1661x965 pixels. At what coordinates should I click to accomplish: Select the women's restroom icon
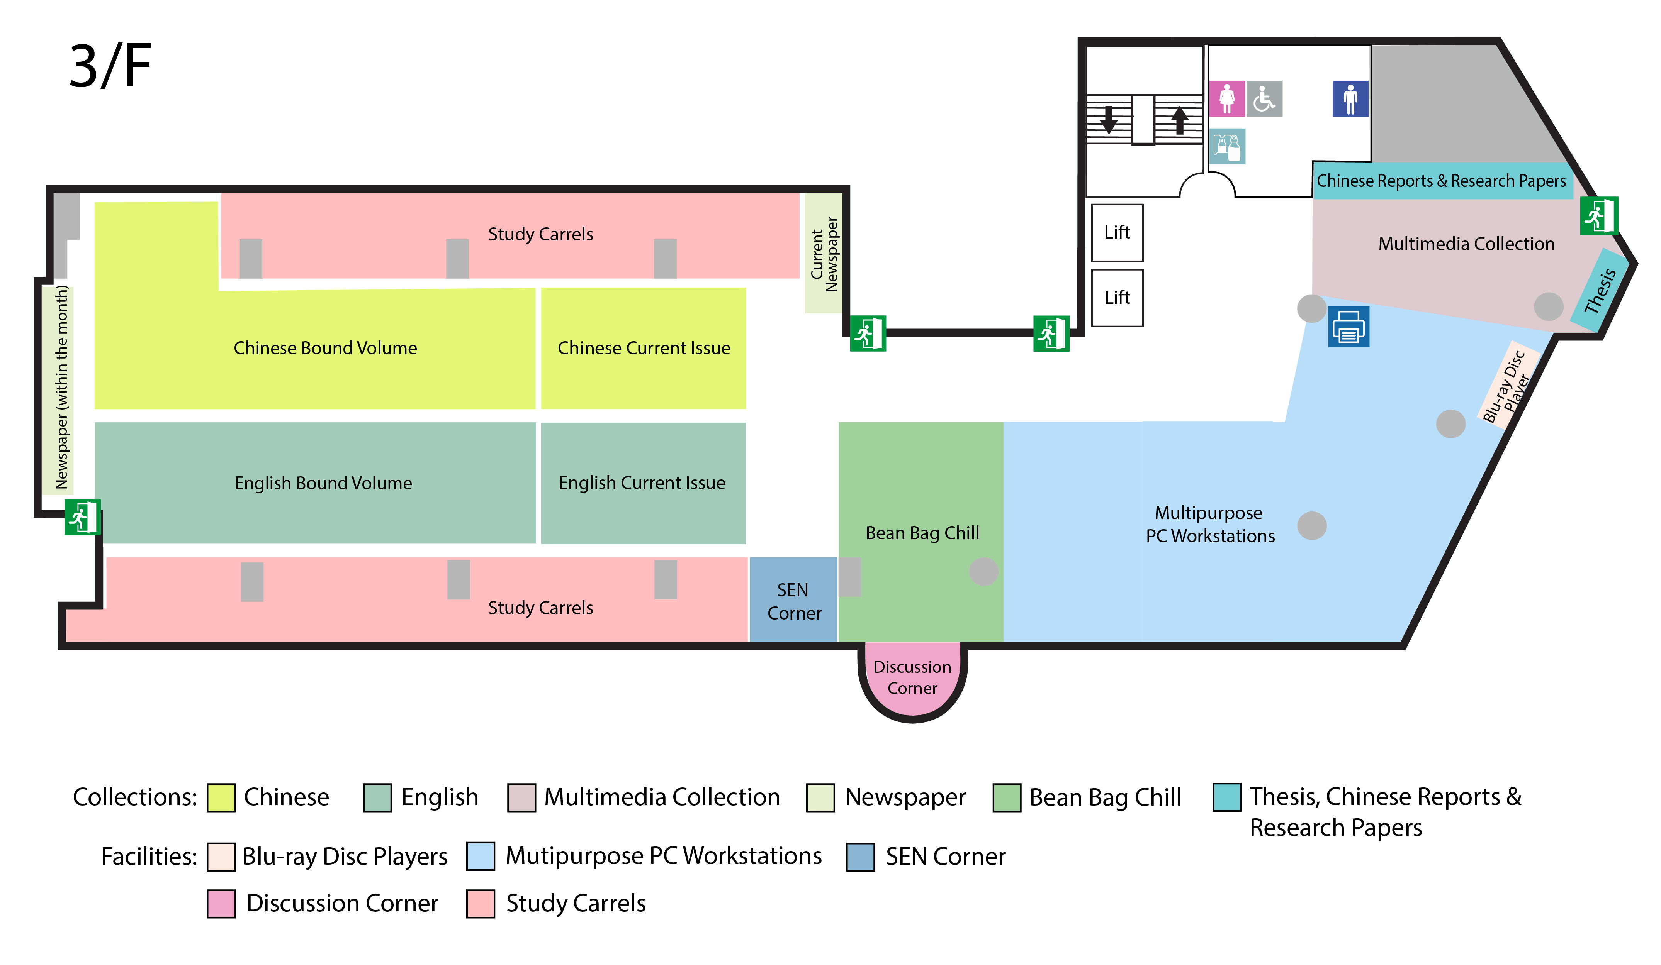pyautogui.click(x=1227, y=99)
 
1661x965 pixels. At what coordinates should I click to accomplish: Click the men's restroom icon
pyautogui.click(x=1350, y=99)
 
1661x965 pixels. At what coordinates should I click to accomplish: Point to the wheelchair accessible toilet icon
pyautogui.click(x=1264, y=99)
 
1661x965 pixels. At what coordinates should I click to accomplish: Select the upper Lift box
pyautogui.click(x=1117, y=232)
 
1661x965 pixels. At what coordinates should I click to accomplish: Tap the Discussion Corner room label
pyautogui.click(x=912, y=677)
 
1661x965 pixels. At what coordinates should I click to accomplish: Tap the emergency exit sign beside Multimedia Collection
pyautogui.click(x=1598, y=215)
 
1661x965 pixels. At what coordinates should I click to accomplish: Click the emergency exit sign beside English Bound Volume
pyautogui.click(x=82, y=517)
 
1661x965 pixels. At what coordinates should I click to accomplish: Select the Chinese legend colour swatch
pyautogui.click(x=221, y=798)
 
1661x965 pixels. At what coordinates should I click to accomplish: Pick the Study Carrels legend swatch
pyautogui.click(x=481, y=904)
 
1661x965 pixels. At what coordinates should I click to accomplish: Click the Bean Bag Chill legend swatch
pyautogui.click(x=1007, y=798)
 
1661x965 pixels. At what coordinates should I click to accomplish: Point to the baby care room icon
pyautogui.click(x=1227, y=146)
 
